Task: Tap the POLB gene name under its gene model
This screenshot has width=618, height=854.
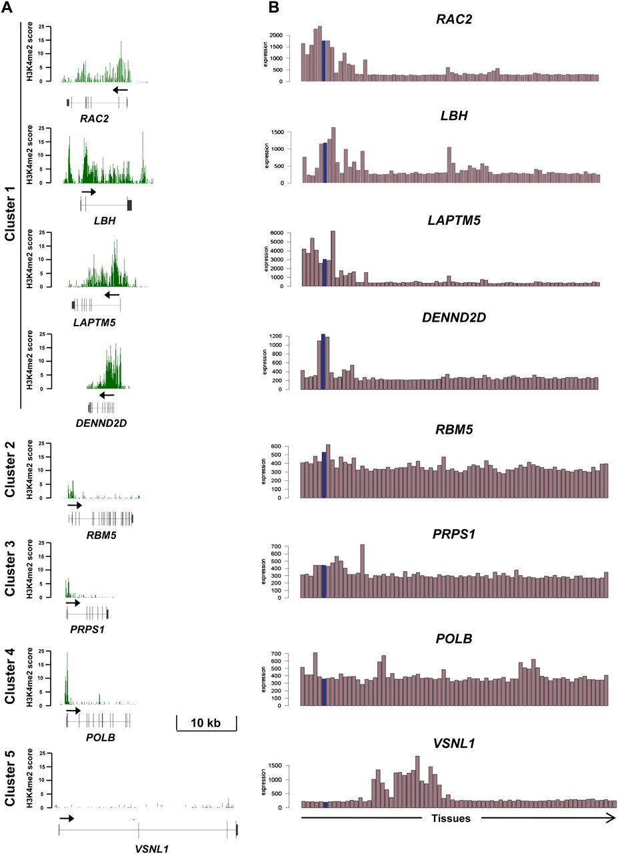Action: coord(97,735)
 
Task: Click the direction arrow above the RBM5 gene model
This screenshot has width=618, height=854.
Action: coord(75,506)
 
